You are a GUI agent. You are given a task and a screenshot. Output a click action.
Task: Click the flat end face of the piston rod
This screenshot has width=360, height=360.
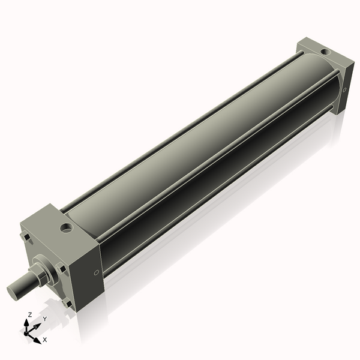click(x=14, y=292)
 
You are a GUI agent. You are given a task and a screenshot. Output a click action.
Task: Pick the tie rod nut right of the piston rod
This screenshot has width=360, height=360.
click(x=61, y=268)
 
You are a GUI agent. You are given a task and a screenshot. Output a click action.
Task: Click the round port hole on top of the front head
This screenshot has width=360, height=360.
click(x=65, y=228)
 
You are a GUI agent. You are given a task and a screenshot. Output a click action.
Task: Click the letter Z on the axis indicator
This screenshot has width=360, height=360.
click(x=29, y=314)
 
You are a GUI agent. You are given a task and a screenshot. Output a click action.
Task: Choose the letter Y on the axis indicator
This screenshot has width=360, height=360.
click(x=44, y=319)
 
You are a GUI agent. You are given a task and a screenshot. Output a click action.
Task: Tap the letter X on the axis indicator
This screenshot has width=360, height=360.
click(x=44, y=340)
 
